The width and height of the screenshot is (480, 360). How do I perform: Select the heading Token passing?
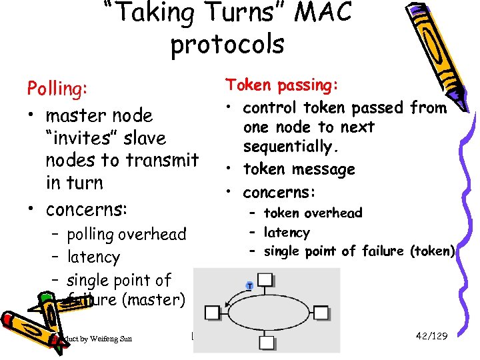281,85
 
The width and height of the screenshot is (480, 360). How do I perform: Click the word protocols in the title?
227,45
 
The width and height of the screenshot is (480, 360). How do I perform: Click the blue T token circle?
249,285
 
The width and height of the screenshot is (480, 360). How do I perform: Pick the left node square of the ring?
212,312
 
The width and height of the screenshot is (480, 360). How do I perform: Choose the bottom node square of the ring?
265,343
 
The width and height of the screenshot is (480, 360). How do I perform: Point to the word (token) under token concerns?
433,251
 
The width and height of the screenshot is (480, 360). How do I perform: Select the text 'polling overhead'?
126,235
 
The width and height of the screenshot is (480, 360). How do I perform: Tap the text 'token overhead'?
313,213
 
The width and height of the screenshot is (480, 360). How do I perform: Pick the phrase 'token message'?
299,169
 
